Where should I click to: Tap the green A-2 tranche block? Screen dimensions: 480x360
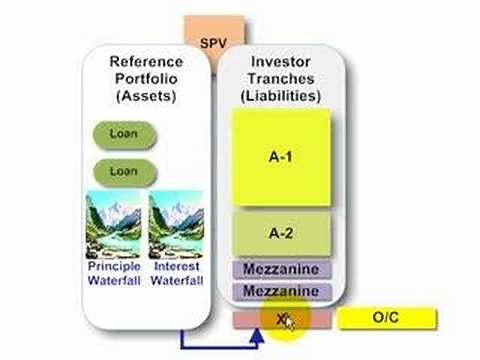(x=281, y=232)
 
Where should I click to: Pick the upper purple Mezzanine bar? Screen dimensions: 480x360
(x=281, y=270)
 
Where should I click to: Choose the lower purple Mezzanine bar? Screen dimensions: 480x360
(x=281, y=291)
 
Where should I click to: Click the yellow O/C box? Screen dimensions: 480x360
(x=387, y=319)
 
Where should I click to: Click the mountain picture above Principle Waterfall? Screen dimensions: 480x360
(x=114, y=226)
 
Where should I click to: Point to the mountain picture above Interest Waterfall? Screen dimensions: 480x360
(x=177, y=226)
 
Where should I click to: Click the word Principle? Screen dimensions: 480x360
(x=114, y=268)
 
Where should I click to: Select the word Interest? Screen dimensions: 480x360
(x=177, y=268)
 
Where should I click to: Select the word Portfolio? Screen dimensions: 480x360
(x=147, y=79)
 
